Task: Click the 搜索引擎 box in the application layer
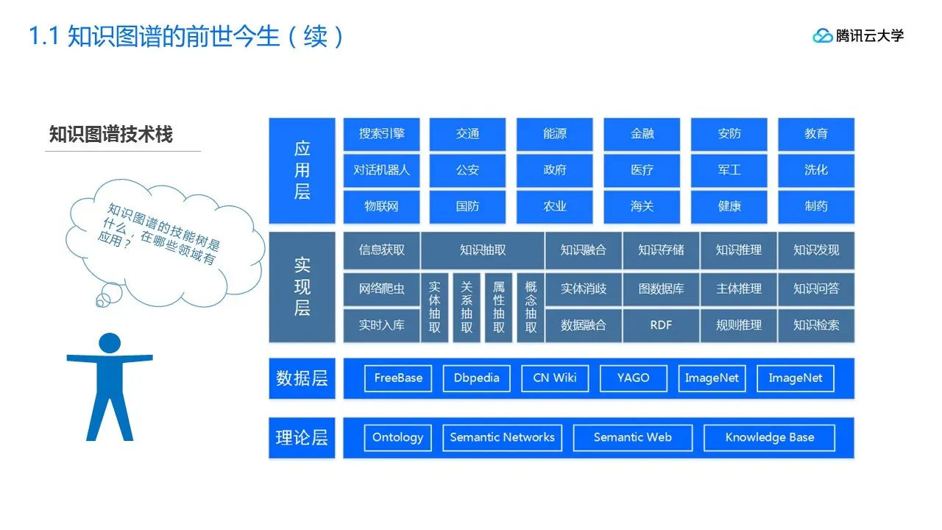click(x=381, y=134)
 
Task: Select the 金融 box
click(x=642, y=134)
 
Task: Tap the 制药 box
click(x=816, y=207)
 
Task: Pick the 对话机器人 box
click(x=381, y=170)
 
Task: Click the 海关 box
click(x=642, y=207)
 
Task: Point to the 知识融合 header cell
click(x=584, y=250)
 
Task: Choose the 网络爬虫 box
click(x=381, y=289)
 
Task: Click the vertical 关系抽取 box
click(x=467, y=307)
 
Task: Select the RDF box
click(x=661, y=325)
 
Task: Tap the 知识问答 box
click(x=816, y=289)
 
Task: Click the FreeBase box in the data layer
click(x=398, y=378)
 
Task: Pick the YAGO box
click(x=633, y=378)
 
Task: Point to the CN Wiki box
click(x=555, y=378)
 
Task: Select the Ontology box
click(x=397, y=437)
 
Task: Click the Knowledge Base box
click(x=769, y=437)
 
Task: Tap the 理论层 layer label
click(x=302, y=437)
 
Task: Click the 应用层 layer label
click(x=302, y=170)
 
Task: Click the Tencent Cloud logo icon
click(x=822, y=35)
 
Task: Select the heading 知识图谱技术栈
click(x=110, y=135)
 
